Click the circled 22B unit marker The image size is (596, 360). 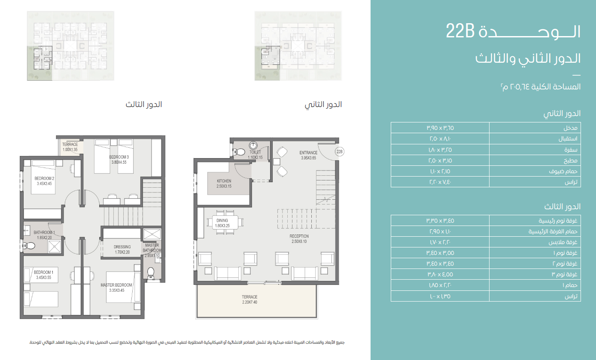tap(340, 152)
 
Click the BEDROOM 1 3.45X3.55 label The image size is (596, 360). tap(44, 275)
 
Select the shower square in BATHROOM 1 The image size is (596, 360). tap(55, 246)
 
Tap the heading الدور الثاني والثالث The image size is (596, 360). tap(528, 59)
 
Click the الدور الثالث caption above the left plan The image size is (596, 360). tap(144, 105)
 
